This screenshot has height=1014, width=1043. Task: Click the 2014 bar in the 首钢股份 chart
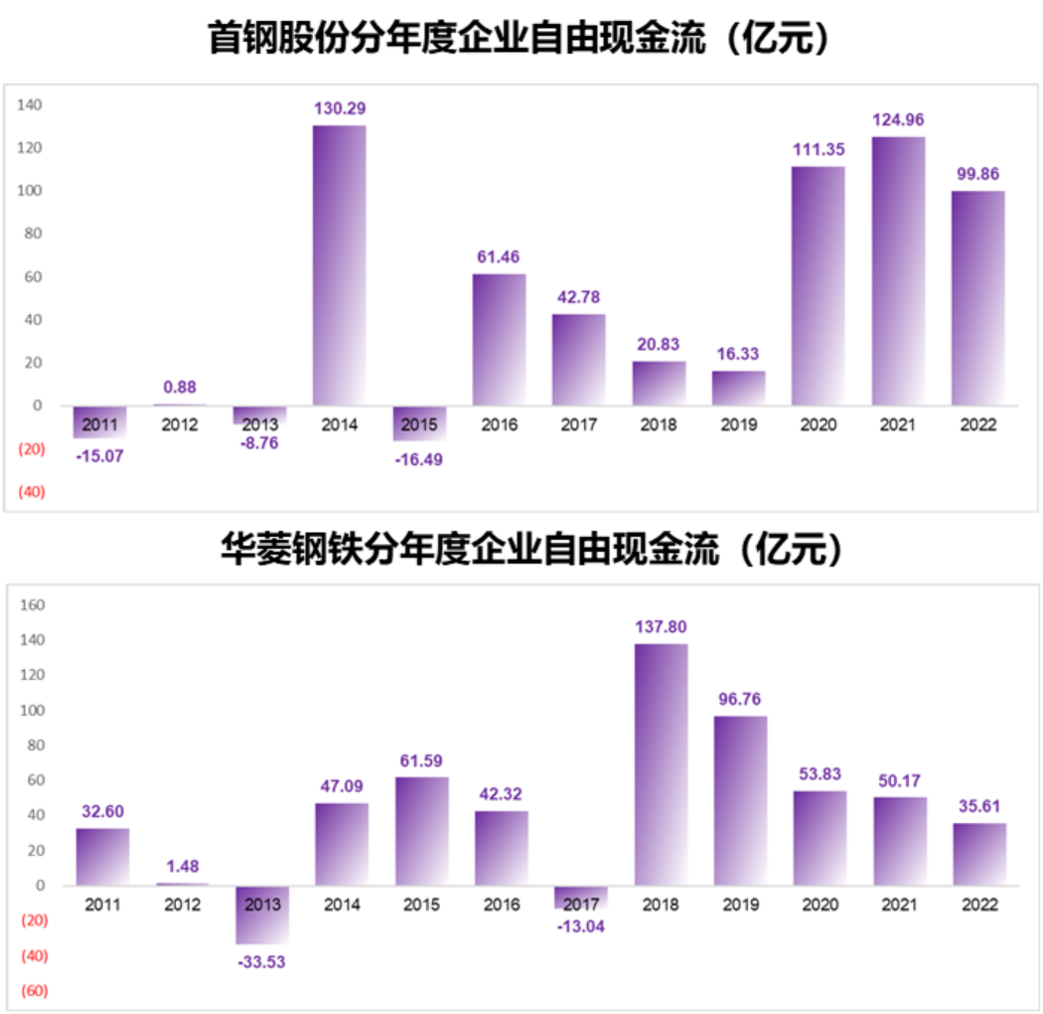340,265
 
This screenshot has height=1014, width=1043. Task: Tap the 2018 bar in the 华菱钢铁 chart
661,764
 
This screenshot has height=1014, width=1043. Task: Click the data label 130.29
340,108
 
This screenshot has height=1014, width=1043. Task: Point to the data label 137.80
661,627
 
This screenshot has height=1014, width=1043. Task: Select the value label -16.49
419,459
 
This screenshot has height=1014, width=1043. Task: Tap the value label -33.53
261,961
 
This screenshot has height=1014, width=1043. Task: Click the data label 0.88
180,388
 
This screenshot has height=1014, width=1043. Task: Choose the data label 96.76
740,699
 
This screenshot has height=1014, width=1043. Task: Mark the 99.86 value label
977,174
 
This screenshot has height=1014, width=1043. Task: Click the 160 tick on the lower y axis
34,604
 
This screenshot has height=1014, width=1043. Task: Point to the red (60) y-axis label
33,991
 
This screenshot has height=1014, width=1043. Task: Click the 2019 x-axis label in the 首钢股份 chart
738,425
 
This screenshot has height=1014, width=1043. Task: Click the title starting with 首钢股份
520,41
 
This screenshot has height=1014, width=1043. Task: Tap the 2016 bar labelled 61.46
499,339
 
